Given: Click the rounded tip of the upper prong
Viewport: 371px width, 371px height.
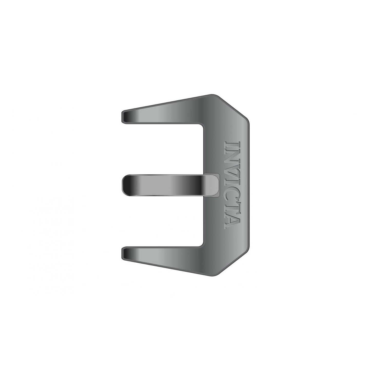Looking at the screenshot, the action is point(123,117).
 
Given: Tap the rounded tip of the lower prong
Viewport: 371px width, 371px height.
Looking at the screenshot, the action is point(123,253).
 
